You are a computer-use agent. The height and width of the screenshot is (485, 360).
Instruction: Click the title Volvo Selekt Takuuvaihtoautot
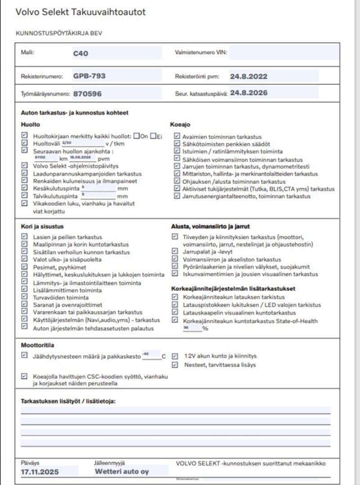80,12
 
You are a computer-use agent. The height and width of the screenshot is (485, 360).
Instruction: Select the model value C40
80,53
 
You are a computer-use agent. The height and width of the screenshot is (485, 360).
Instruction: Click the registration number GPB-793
89,76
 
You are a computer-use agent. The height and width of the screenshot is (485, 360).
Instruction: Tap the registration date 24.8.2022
249,76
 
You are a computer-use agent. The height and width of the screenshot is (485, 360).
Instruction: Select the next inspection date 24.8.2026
249,93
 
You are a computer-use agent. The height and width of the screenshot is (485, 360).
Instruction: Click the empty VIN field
284,53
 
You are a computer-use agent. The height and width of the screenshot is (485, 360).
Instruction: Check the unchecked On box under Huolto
137,136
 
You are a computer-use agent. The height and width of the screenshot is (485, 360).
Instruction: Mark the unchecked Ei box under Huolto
154,136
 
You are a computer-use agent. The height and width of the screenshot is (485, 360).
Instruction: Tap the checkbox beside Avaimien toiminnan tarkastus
177,137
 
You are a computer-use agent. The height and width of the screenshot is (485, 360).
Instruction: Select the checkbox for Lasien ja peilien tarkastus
24,237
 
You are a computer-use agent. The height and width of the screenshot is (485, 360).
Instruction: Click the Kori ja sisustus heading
42,226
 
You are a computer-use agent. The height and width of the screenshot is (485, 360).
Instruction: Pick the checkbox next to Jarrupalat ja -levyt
175,252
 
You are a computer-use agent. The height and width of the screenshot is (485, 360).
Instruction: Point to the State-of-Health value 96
186,328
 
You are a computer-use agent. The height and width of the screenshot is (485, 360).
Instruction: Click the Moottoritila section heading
38,345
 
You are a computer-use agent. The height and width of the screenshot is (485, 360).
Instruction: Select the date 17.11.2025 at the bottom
40,472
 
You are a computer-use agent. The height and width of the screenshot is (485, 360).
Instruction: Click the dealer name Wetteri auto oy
121,472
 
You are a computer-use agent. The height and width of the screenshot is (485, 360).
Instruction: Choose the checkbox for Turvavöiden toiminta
24,297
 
